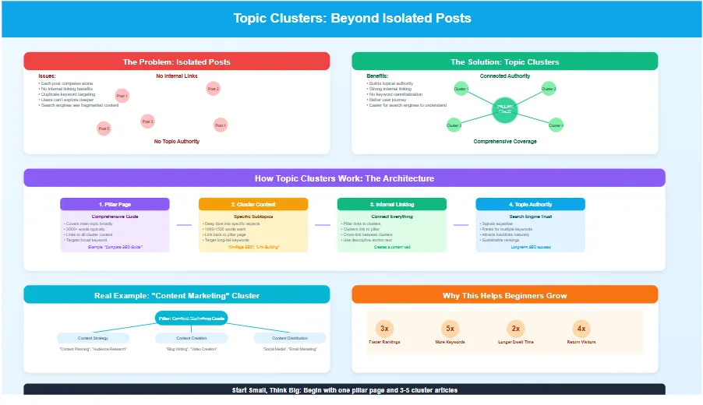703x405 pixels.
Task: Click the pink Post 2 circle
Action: pos(213,90)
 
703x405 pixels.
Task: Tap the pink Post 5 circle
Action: pos(104,128)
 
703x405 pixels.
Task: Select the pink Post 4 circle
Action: pos(221,125)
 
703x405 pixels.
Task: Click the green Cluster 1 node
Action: pos(461,89)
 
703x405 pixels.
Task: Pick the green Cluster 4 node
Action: pos(556,125)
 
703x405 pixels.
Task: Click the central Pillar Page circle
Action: pos(505,110)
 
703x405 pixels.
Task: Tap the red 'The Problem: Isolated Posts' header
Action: pos(177,62)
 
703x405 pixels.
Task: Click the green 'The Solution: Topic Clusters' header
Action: pos(504,62)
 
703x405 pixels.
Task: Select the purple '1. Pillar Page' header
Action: pos(115,204)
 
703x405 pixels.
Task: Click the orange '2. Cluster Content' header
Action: pos(253,204)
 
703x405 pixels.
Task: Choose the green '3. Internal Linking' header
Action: pos(392,204)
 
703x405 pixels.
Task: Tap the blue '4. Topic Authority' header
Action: pos(530,204)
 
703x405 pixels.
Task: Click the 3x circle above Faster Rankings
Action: pos(385,328)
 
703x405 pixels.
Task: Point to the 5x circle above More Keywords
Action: pos(450,328)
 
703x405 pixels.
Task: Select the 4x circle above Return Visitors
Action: pos(581,328)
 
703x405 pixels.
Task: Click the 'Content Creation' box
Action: pos(191,338)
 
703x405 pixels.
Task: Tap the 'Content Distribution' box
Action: pos(289,338)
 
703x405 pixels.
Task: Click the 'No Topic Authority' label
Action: pos(177,142)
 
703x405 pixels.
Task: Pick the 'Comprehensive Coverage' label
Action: pos(504,142)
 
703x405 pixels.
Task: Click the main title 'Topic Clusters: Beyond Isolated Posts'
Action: pos(351,18)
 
